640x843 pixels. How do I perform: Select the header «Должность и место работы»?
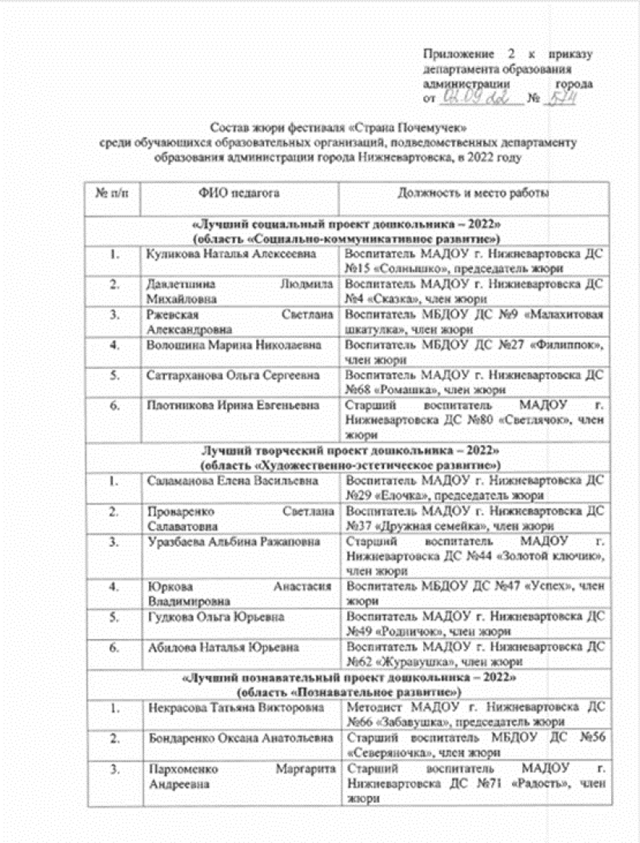pyautogui.click(x=473, y=195)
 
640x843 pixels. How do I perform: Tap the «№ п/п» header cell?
pyautogui.click(x=110, y=195)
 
